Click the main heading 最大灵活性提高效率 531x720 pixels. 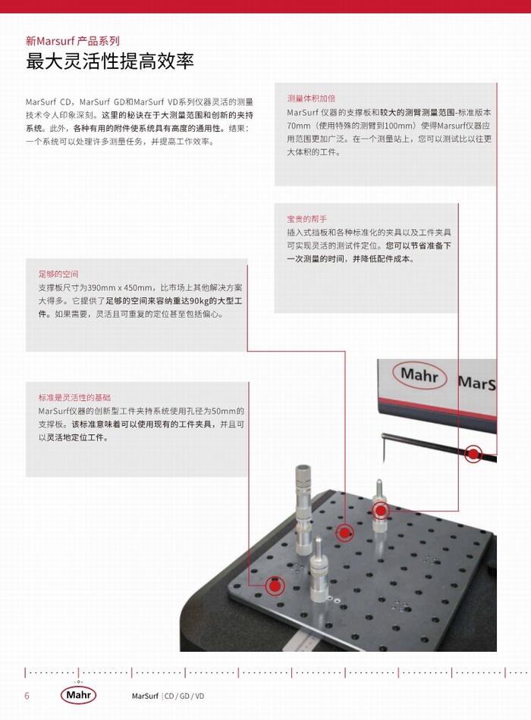point(110,61)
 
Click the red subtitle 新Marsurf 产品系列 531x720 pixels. point(73,41)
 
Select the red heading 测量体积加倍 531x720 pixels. point(311,99)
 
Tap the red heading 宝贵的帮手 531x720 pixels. point(306,219)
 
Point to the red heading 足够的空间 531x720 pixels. point(58,274)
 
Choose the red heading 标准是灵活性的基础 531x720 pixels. point(74,398)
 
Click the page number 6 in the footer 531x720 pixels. point(27,696)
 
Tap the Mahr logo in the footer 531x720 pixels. point(78,695)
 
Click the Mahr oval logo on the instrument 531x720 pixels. point(419,375)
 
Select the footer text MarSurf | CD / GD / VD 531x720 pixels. point(168,696)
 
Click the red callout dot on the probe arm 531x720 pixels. point(473,454)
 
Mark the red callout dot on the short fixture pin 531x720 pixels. point(381,510)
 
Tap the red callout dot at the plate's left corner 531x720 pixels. point(275,586)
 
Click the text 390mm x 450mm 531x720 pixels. point(120,288)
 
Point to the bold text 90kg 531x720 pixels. point(199,301)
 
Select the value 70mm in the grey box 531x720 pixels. point(299,126)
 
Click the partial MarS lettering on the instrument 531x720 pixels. point(476,383)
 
